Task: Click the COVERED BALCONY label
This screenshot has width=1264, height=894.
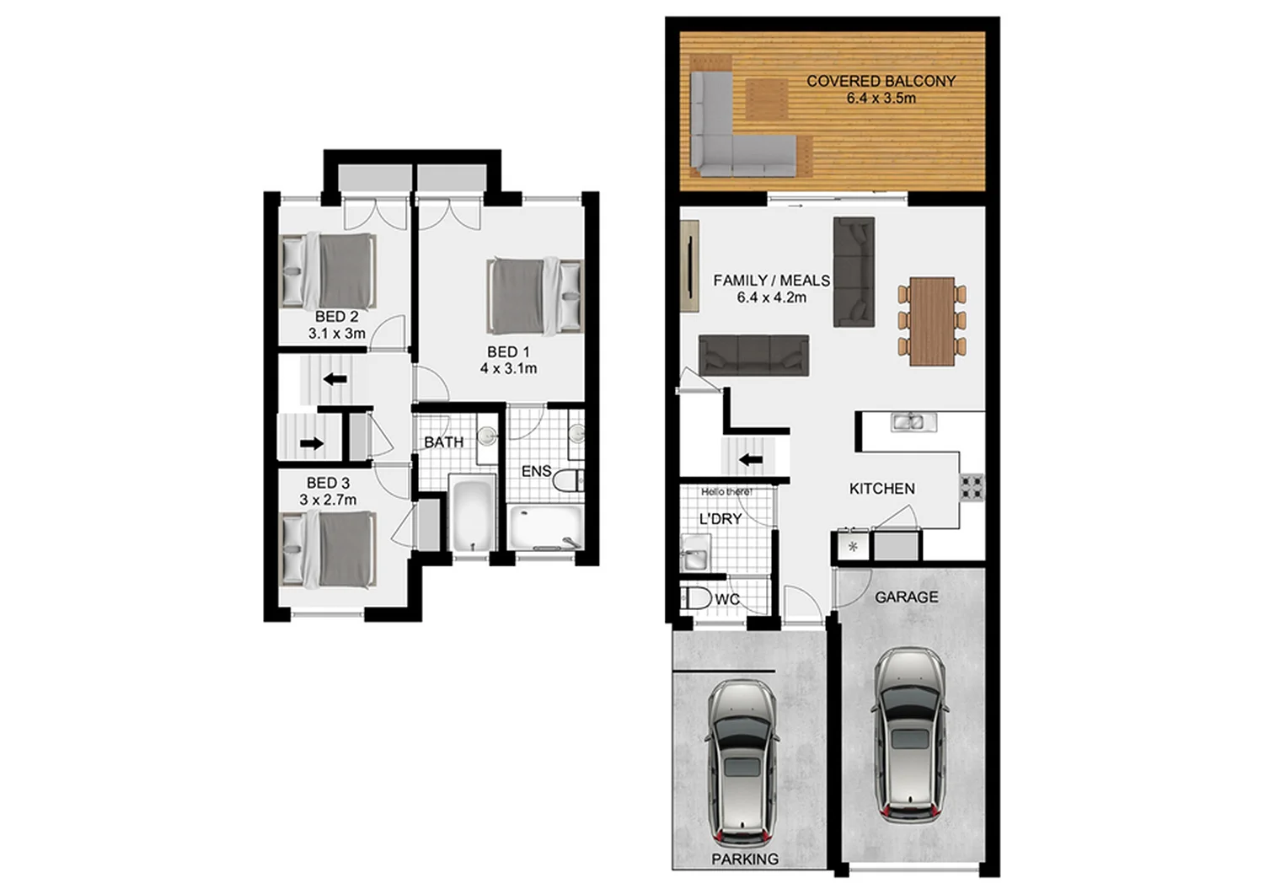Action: coord(881,81)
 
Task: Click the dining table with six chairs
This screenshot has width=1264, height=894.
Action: coord(932,321)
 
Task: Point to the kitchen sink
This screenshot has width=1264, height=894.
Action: coord(908,422)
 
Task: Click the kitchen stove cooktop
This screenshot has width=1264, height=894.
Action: coord(972,487)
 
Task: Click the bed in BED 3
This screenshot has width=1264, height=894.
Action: coord(328,549)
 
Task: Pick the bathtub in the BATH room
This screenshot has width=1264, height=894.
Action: coord(471,513)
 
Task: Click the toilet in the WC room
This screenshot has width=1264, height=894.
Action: coord(697,599)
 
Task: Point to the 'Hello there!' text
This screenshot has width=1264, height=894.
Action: coord(726,491)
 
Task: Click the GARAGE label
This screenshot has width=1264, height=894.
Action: coord(906,597)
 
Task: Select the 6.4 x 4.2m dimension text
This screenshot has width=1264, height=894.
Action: coord(771,297)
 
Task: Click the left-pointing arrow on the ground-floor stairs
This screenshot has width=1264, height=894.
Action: coord(750,459)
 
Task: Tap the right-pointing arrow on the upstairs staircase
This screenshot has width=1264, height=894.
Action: coord(312,443)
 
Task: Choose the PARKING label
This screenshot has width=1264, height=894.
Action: coord(744,859)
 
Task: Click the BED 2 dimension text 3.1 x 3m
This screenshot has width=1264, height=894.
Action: coord(336,334)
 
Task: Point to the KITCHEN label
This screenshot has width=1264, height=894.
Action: coord(881,489)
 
